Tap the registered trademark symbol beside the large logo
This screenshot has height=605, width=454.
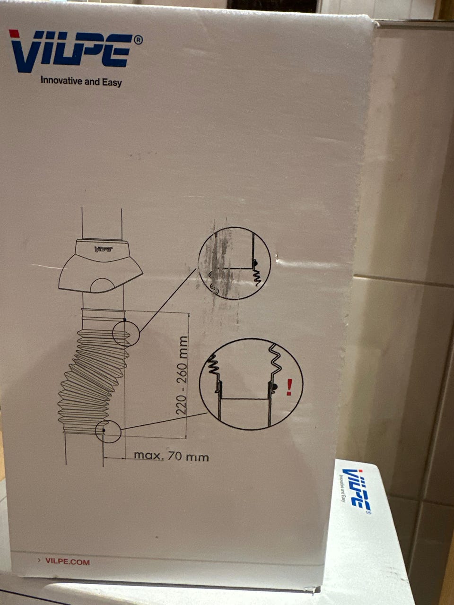tap(138, 40)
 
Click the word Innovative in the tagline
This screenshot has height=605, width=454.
tap(61, 81)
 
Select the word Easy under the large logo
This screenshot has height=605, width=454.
tap(112, 82)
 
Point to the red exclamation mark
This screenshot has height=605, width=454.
tap(289, 387)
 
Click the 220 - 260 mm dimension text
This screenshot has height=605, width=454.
tap(182, 375)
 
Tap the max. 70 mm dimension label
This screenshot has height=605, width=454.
tap(171, 456)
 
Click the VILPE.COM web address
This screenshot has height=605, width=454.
tap(68, 560)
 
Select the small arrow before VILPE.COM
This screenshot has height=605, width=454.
tap(39, 559)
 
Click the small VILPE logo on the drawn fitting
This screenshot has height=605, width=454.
tap(104, 249)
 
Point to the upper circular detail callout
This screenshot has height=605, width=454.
tap(234, 263)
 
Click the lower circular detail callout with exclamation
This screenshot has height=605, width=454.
tap(251, 384)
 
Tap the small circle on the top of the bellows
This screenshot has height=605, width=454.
tap(126, 334)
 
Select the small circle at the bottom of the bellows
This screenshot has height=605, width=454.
tap(108, 432)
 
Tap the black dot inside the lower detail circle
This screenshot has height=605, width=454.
tap(275, 387)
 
